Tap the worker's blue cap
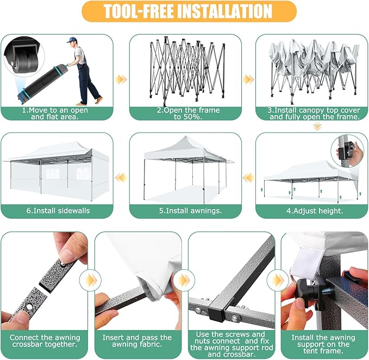(71, 40)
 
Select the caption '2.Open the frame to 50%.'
(188, 113)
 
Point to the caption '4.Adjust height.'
(315, 211)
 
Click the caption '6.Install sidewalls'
(58, 211)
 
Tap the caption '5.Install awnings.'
(190, 211)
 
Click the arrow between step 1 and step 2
(121, 79)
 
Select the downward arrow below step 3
(317, 127)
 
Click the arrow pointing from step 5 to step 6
(121, 178)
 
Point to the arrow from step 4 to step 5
(248, 178)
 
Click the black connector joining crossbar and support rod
(218, 310)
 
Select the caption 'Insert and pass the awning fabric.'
(137, 341)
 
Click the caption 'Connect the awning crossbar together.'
(45, 341)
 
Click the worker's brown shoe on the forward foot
(99, 100)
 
